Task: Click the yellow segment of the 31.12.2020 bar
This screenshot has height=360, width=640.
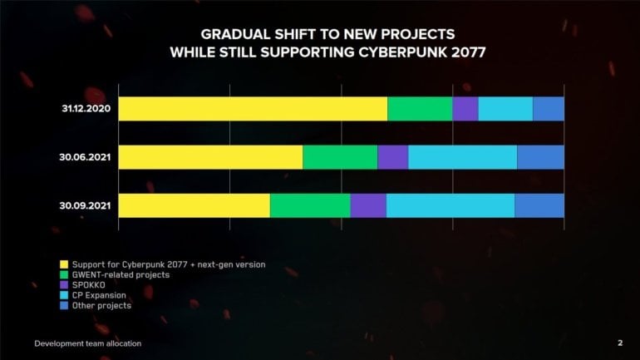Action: click(253, 109)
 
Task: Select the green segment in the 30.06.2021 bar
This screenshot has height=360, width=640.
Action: click(340, 157)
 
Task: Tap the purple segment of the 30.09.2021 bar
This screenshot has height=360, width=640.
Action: click(368, 205)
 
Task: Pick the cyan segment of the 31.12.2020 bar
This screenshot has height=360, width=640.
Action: click(505, 109)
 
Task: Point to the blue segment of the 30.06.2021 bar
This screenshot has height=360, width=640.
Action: click(540, 157)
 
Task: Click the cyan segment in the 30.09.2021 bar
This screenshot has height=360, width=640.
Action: click(450, 205)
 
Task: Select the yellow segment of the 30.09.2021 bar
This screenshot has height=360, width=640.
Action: click(194, 205)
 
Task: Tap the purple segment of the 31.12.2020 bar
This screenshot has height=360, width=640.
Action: click(465, 109)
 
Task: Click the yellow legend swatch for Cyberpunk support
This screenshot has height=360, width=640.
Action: click(64, 264)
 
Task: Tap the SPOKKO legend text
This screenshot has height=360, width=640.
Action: click(89, 285)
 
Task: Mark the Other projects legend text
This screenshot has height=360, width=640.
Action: click(101, 306)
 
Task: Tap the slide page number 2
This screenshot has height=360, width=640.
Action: click(620, 343)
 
